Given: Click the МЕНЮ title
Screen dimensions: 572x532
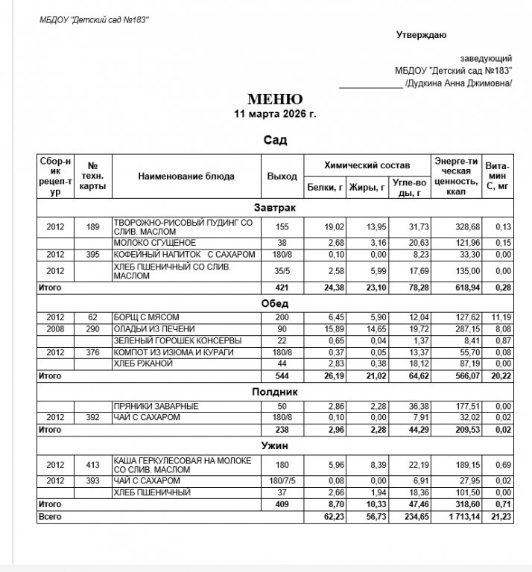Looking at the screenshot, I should pos(275,99).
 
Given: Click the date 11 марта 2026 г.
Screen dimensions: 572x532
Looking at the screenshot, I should pos(275,114).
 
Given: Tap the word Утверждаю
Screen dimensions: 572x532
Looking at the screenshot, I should pos(421,34).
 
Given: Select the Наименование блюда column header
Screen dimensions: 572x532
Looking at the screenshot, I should pos(186,177).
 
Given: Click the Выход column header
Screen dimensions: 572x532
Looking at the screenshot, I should pos(282,177).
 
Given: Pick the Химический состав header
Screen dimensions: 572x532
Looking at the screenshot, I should pos(367,165).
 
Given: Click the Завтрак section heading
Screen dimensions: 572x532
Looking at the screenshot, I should pos(275,208).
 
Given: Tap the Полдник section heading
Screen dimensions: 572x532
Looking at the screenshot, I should pos(275,391).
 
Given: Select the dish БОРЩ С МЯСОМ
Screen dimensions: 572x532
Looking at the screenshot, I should pos(146,317).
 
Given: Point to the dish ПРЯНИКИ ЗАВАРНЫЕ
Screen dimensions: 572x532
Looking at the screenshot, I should pos(156,406).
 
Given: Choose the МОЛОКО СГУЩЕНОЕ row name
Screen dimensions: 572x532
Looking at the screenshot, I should pos(154,243).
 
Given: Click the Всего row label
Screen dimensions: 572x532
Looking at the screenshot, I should pos(50,516).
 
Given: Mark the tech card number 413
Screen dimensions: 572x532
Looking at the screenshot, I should pos(93,465).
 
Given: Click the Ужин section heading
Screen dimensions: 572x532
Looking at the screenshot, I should pos(275,445).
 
